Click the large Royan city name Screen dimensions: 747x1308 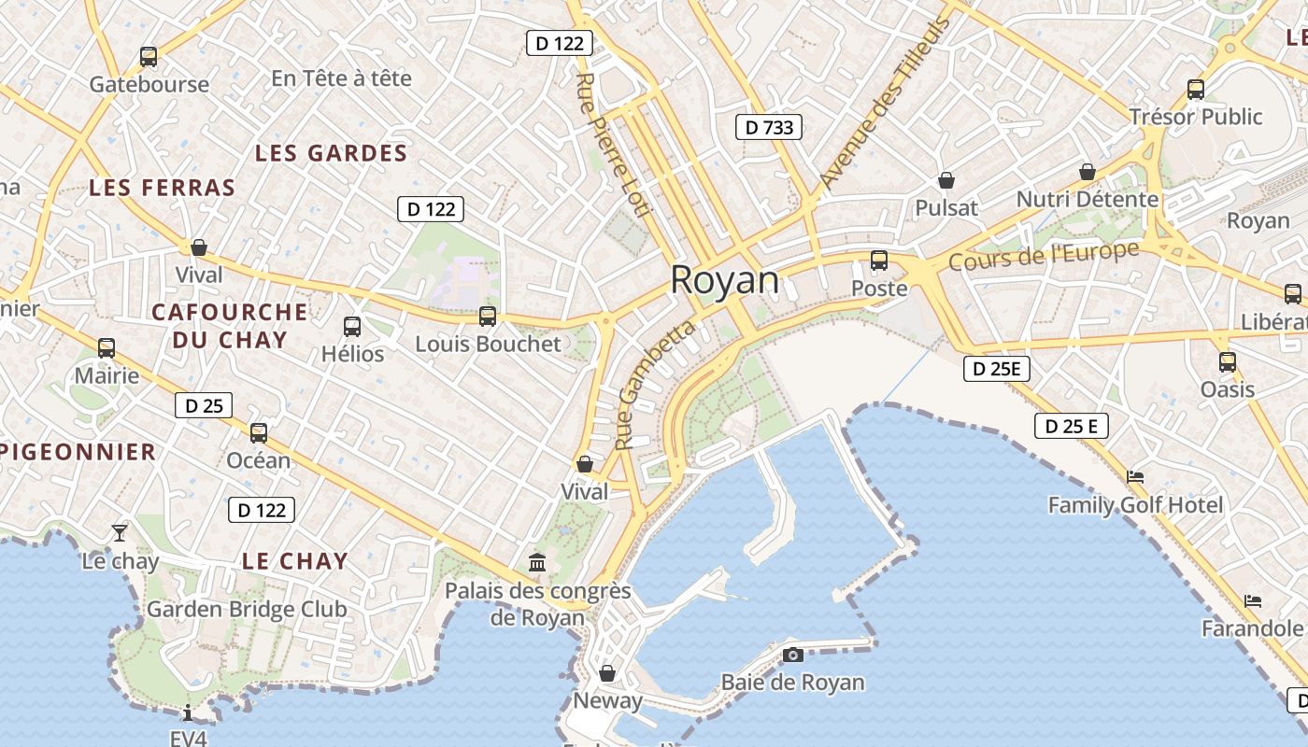click(x=725, y=280)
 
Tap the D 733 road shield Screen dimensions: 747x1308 click(x=770, y=127)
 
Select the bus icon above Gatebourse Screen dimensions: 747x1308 click(x=149, y=57)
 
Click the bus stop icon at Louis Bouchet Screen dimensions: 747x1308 click(x=488, y=317)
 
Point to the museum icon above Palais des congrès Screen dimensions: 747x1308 click(x=537, y=562)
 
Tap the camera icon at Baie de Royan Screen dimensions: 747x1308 click(x=793, y=655)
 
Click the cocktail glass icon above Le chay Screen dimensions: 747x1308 click(x=120, y=533)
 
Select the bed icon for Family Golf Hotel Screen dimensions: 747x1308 click(x=1135, y=476)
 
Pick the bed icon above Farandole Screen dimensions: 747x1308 click(x=1253, y=600)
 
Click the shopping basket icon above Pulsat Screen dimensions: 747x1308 click(x=946, y=180)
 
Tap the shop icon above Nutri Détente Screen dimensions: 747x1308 click(x=1088, y=172)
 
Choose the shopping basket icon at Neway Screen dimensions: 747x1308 click(x=607, y=673)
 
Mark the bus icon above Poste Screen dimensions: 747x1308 click(x=879, y=261)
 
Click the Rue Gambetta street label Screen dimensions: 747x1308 click(x=658, y=384)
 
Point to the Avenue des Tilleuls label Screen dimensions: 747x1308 click(x=883, y=103)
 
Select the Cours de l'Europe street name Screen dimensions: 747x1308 click(x=1044, y=255)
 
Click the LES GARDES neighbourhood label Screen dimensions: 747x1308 click(x=332, y=153)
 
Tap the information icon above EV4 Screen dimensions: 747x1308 click(x=188, y=712)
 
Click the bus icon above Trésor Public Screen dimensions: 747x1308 click(x=1196, y=90)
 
